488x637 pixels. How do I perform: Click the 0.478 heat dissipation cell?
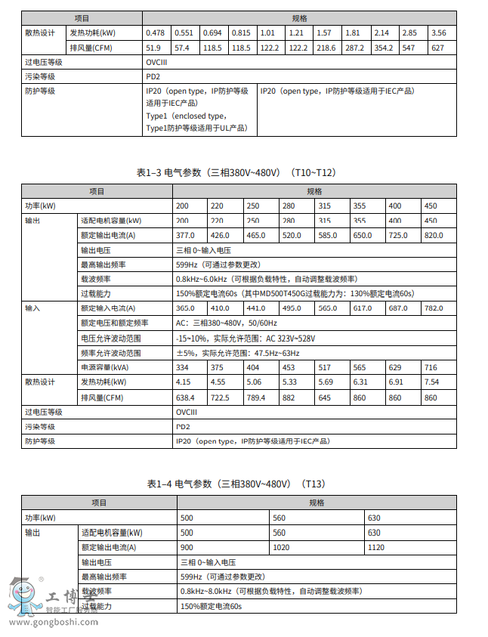(x=155, y=32)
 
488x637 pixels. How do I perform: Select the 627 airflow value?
(x=437, y=48)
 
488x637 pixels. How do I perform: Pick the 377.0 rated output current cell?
(x=186, y=235)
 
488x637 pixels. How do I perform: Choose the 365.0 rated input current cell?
(x=186, y=308)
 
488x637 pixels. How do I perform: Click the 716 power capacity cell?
(x=431, y=367)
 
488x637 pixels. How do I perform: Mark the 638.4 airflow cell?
(x=186, y=397)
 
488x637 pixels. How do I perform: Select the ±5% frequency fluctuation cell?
(x=238, y=353)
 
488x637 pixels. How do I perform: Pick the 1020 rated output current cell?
(x=280, y=547)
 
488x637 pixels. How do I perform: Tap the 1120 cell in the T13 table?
(x=375, y=547)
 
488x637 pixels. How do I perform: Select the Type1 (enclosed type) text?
(x=186, y=116)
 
